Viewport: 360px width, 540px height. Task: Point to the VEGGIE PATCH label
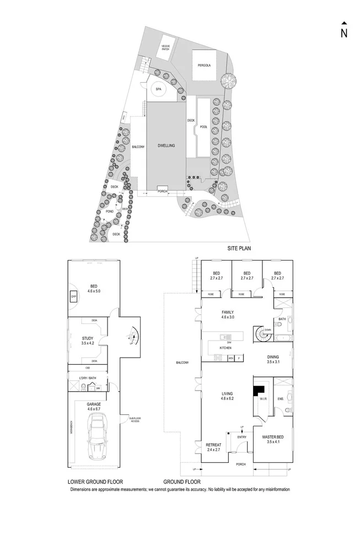pyautogui.click(x=165, y=47)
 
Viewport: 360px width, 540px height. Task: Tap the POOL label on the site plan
pyautogui.click(x=203, y=127)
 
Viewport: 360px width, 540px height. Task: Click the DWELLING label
pyautogui.click(x=165, y=145)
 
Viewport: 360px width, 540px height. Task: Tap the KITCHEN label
pyautogui.click(x=225, y=348)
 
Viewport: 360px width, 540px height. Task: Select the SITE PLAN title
pyautogui.click(x=239, y=249)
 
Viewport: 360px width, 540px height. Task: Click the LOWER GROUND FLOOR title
pyautogui.click(x=95, y=480)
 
